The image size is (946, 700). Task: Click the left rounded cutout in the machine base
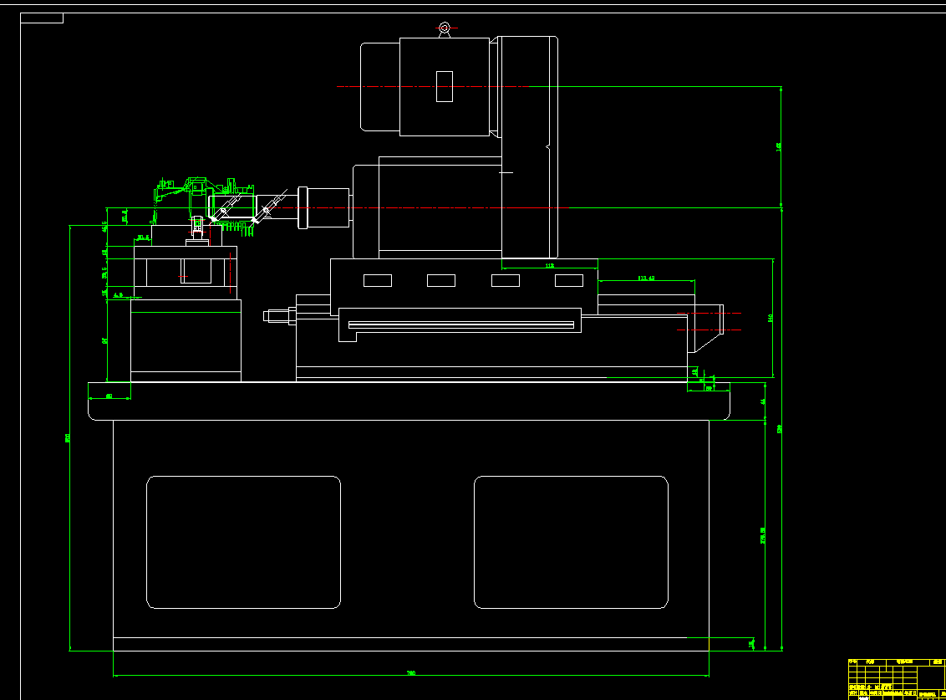[x=243, y=542]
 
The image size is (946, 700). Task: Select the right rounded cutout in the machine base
[x=571, y=542]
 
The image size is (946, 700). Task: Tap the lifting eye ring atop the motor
[x=445, y=29]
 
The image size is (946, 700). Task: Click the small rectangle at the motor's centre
[x=445, y=86]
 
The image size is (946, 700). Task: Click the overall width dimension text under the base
[x=410, y=672]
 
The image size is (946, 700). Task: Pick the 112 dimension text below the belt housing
[x=549, y=265]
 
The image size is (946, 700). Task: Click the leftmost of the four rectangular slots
[x=378, y=280]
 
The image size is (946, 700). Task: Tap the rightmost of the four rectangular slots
[x=569, y=280]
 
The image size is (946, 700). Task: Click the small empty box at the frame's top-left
[x=42, y=18]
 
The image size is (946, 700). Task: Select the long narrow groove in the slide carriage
[x=460, y=324]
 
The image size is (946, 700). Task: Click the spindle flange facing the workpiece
[x=303, y=207]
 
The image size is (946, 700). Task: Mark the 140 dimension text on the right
[x=769, y=318]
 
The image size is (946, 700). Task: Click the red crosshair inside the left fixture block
[x=185, y=276]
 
